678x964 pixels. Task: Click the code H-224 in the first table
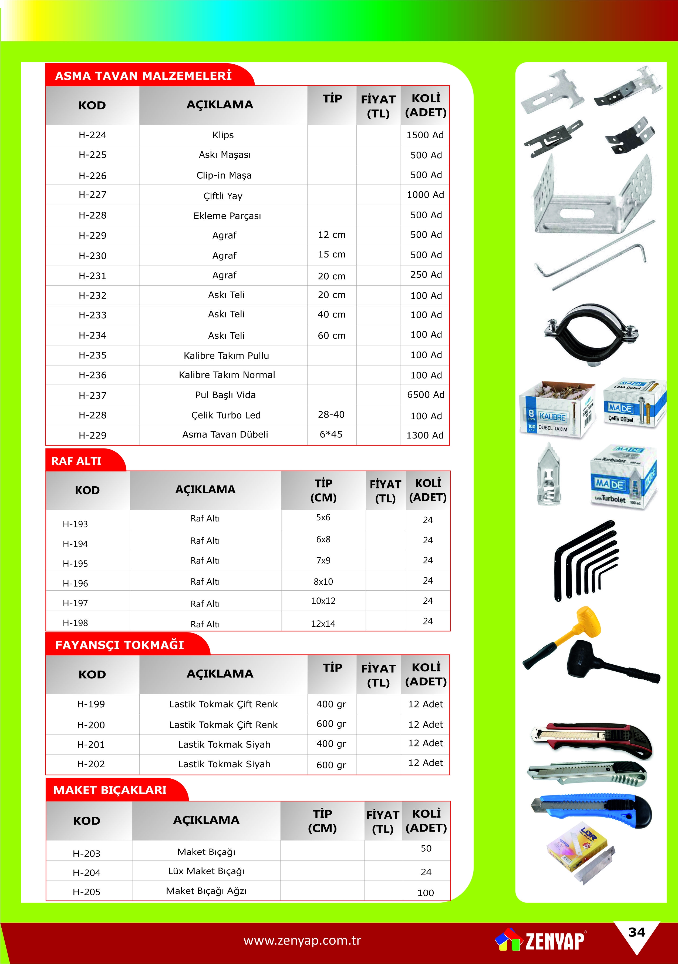92,135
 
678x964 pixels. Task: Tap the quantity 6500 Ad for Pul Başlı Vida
426,395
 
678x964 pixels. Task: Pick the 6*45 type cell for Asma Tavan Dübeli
331,434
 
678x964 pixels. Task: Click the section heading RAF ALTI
76,461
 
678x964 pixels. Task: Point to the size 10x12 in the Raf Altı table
323,601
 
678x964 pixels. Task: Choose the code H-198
76,623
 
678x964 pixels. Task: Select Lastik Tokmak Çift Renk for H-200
223,725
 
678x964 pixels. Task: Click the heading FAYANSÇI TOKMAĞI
120,645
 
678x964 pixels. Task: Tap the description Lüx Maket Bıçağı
206,871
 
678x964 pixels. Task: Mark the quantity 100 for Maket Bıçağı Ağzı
426,893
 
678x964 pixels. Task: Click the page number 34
636,932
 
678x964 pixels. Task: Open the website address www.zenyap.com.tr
302,940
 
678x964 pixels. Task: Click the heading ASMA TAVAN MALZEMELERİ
143,76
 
